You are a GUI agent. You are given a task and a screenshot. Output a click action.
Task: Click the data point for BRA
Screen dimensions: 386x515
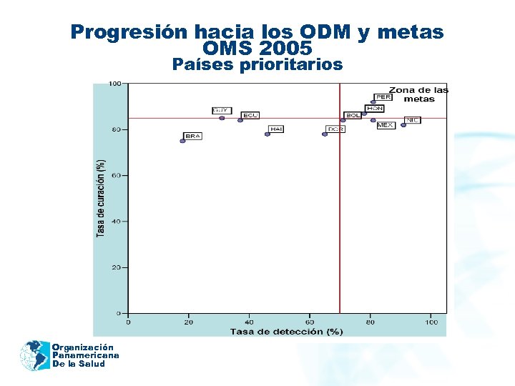pyautogui.click(x=182, y=141)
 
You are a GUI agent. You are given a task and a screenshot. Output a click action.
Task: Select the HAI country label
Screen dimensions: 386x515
pyautogui.click(x=276, y=129)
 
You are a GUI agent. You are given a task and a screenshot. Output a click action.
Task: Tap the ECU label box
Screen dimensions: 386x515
pyautogui.click(x=250, y=115)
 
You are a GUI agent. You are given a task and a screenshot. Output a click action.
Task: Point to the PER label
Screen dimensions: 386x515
pyautogui.click(x=383, y=96)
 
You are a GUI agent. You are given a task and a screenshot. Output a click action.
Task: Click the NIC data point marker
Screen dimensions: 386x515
pyautogui.click(x=403, y=125)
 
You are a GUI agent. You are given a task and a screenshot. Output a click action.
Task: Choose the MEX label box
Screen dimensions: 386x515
pyautogui.click(x=386, y=125)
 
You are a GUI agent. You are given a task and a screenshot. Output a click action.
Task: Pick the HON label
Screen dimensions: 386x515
pyautogui.click(x=375, y=109)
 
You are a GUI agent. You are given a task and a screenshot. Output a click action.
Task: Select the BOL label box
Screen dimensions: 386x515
pyautogui.click(x=353, y=115)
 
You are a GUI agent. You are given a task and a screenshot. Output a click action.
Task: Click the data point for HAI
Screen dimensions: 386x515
pyautogui.click(x=268, y=134)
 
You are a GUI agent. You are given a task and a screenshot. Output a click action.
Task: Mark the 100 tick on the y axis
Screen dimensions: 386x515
pyautogui.click(x=114, y=84)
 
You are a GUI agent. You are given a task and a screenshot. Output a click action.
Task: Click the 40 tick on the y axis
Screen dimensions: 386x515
pyautogui.click(x=116, y=222)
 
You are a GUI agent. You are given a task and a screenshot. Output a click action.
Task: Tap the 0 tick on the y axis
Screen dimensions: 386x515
pyautogui.click(x=118, y=313)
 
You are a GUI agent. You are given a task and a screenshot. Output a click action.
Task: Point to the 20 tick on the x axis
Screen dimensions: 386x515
pyautogui.click(x=189, y=322)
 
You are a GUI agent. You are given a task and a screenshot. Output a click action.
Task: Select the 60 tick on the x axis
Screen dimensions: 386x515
pyautogui.click(x=310, y=322)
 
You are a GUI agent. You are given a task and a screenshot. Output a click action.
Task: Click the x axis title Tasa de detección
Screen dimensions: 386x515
pyautogui.click(x=286, y=331)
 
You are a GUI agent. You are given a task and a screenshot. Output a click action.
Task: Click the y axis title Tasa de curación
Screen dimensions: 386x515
pyautogui.click(x=101, y=198)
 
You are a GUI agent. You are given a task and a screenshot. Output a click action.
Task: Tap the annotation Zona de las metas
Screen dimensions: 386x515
pyautogui.click(x=418, y=94)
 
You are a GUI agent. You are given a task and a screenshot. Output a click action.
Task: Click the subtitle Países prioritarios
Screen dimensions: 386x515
pyautogui.click(x=257, y=65)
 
